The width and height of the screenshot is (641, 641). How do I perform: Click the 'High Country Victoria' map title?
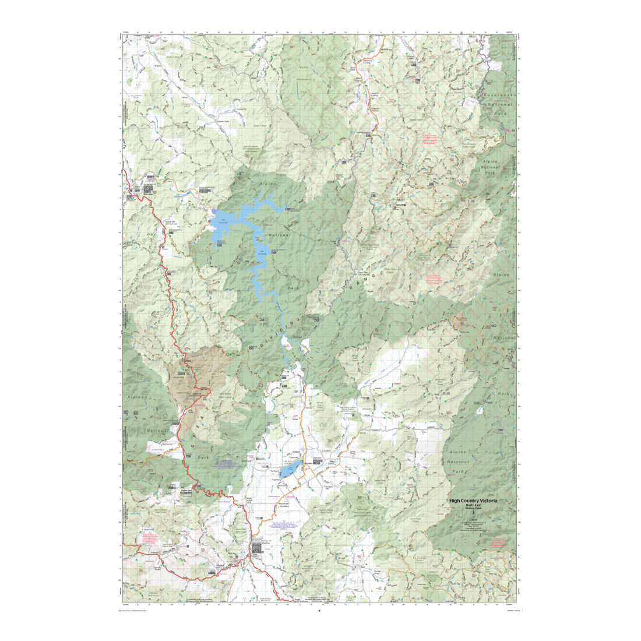(x=473, y=500)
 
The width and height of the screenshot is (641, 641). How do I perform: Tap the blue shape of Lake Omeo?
(x=290, y=470)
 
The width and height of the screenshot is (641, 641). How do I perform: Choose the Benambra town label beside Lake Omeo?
(x=320, y=460)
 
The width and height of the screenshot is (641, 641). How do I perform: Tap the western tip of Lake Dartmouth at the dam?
(x=214, y=211)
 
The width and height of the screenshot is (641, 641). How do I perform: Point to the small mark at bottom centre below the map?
(x=319, y=611)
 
